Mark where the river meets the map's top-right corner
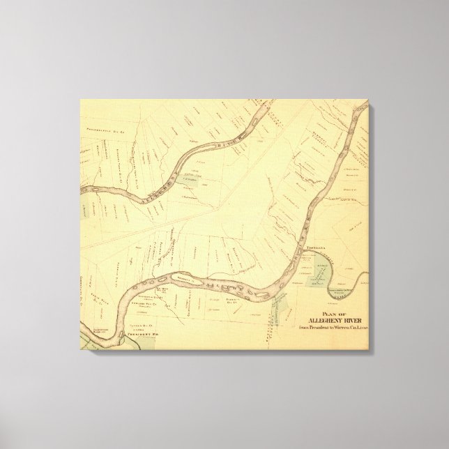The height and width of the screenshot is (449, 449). [x=362, y=107]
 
